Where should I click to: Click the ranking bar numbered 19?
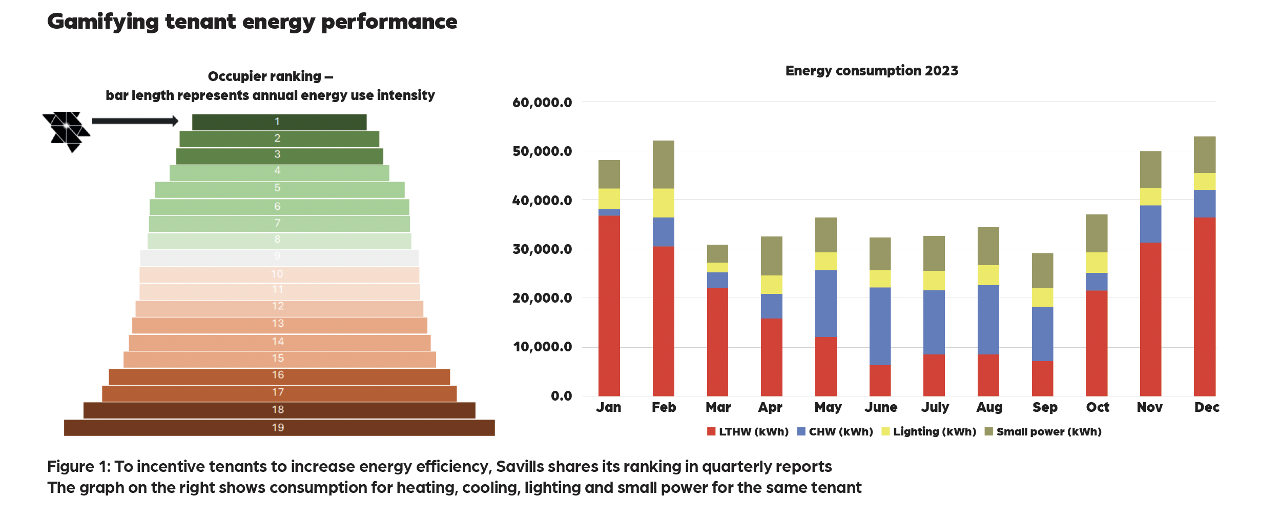[279, 428]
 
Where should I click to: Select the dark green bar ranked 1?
[279, 122]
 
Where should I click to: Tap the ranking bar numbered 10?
[279, 274]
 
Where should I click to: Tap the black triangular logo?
[67, 130]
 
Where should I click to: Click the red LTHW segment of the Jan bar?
[609, 306]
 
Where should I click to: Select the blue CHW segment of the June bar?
[880, 326]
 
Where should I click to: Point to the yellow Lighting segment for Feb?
[663, 203]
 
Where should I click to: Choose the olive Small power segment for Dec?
[1204, 155]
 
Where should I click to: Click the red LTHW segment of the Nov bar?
[1150, 319]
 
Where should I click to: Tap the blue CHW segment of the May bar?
[825, 304]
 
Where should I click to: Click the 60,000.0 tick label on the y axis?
[542, 103]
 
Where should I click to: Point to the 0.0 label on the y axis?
[561, 396]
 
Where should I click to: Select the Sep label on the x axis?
[1045, 407]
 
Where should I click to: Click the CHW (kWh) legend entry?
[835, 432]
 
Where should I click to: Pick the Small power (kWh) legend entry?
[1043, 432]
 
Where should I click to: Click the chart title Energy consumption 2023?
[872, 71]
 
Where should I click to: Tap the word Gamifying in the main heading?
[103, 22]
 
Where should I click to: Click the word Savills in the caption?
[521, 467]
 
